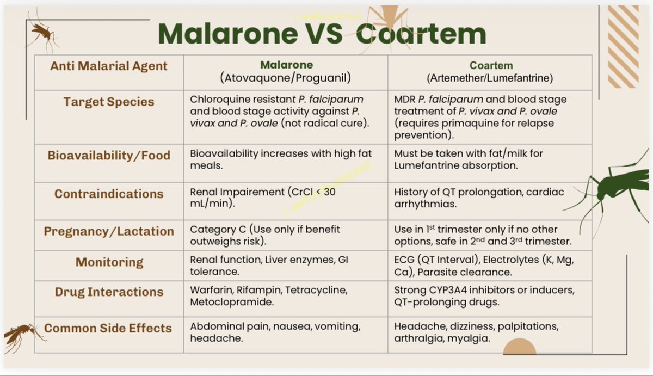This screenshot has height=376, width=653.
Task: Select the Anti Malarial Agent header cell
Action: tap(109, 66)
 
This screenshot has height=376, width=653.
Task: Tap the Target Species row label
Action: tap(109, 102)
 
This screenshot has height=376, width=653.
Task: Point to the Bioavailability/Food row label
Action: tap(109, 155)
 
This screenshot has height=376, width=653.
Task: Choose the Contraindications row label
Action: tap(109, 194)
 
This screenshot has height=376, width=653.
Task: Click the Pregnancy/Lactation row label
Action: tap(109, 231)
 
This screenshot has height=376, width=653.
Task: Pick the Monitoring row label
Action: tap(109, 262)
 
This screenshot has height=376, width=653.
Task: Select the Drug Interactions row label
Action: tap(109, 292)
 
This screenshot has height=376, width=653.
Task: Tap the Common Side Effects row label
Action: tap(108, 328)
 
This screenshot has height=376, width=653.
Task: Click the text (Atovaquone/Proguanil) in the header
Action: tap(286, 78)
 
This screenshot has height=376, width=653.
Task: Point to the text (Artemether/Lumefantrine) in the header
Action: tap(490, 78)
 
